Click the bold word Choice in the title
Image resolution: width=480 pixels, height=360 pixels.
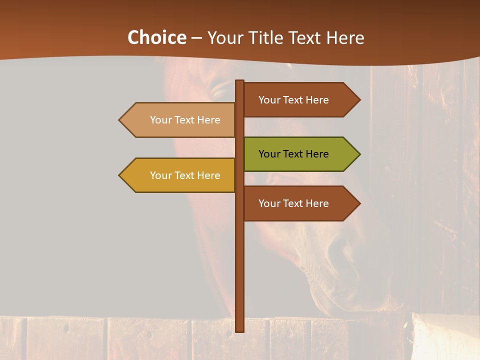156,37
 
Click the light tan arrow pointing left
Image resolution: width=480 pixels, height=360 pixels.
177,120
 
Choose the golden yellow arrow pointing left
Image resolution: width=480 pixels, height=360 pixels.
177,175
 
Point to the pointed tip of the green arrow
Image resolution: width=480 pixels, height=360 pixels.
359,154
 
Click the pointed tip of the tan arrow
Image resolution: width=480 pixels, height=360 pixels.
120,120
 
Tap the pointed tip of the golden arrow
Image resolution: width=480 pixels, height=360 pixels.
120,175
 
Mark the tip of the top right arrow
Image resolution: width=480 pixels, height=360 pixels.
359,100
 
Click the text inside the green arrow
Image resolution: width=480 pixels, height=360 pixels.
293,154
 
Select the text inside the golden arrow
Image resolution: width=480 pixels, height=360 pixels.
185,175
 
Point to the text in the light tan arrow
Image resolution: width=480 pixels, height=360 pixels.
185,120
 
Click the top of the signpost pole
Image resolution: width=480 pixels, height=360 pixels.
240,81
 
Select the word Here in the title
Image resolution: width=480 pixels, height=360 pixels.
345,37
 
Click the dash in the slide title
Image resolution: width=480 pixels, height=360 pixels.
196,38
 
